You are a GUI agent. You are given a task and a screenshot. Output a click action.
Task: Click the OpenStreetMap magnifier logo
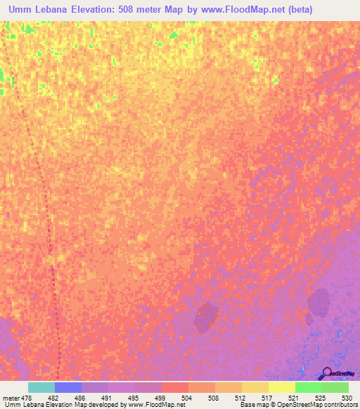pyautogui.click(x=327, y=373)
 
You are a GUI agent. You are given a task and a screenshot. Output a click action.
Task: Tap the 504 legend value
pyautogui.click(x=187, y=397)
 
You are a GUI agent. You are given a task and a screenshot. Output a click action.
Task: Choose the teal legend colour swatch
pyautogui.click(x=41, y=387)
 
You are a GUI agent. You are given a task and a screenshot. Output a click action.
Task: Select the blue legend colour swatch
pyautogui.click(x=68, y=387)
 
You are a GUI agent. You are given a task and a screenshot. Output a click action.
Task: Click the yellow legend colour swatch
pyautogui.click(x=281, y=387)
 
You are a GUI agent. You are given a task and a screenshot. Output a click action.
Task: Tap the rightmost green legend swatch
pyautogui.click(x=335, y=387)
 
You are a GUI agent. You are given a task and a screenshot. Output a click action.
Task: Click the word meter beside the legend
pyautogui.click(x=11, y=397)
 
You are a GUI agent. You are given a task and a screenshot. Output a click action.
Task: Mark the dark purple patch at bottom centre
pyautogui.click(x=206, y=317)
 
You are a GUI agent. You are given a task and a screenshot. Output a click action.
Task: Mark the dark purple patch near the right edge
pyautogui.click(x=319, y=303)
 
